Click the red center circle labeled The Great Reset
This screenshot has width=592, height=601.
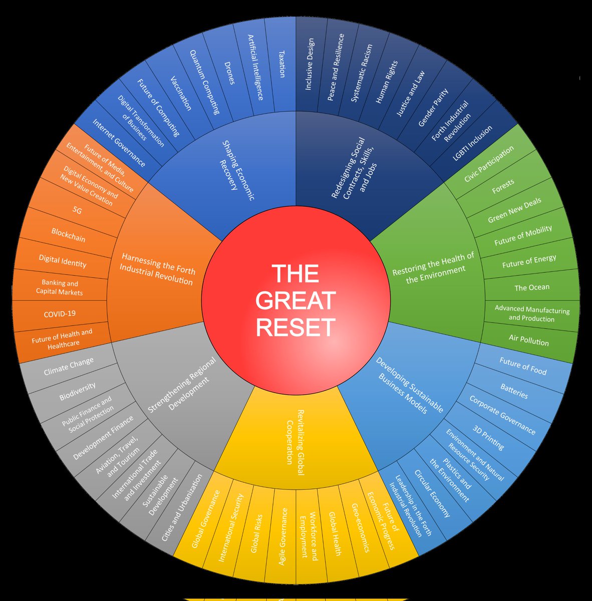tap(295, 300)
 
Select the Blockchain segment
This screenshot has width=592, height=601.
tap(68, 235)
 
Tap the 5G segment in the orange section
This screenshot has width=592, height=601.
tap(77, 211)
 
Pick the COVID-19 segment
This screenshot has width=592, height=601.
tap(60, 314)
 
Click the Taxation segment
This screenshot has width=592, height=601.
tap(281, 64)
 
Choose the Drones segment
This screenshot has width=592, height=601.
tap(228, 73)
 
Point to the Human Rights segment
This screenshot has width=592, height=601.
tap(387, 82)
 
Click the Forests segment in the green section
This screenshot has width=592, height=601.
tap(503, 185)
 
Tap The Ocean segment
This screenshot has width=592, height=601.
tap(532, 287)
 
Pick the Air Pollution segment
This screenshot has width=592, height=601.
tap(528, 340)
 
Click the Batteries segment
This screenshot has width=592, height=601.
tap(514, 391)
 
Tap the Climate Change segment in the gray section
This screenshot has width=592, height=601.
tap(69, 366)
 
